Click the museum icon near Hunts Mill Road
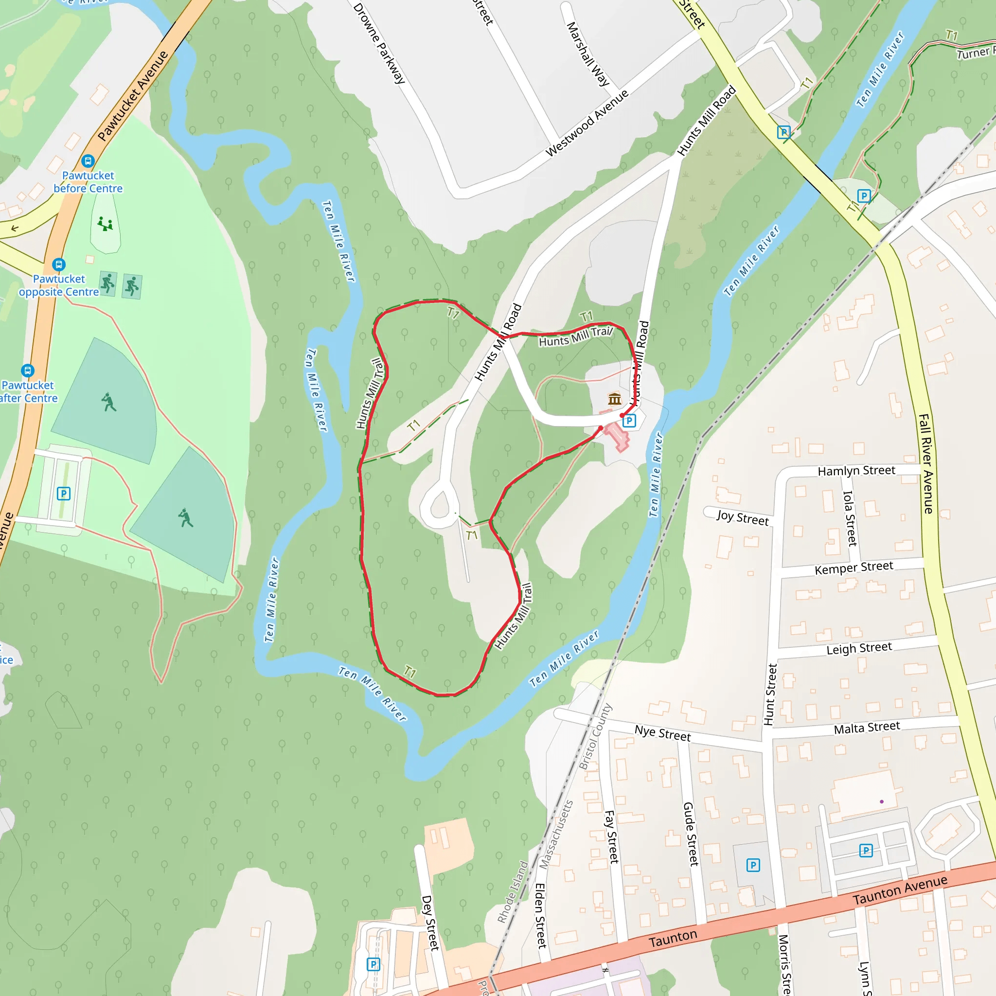click(615, 398)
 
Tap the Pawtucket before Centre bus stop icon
click(88, 161)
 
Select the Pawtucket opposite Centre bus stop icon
click(59, 265)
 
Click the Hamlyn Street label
click(856, 471)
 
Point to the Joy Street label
click(742, 517)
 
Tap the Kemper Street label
click(854, 568)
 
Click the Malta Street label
click(867, 728)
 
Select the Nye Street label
click(662, 733)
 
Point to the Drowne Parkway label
click(379, 43)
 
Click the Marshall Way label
click(587, 53)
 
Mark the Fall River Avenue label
click(926, 464)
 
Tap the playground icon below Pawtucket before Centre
click(105, 224)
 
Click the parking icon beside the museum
click(629, 421)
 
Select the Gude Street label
click(691, 834)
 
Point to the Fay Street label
click(611, 836)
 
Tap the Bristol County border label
click(595, 737)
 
